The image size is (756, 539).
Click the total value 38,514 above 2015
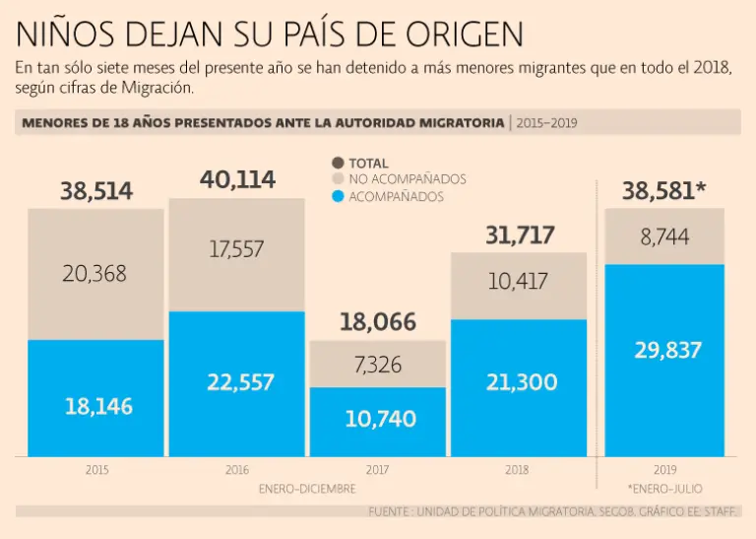tap(96, 191)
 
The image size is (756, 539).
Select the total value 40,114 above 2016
tap(237, 179)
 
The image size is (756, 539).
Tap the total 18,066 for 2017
tap(378, 321)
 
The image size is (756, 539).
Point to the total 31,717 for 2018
tap(520, 235)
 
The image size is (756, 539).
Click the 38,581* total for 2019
tap(663, 191)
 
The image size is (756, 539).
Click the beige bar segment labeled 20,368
tap(94, 274)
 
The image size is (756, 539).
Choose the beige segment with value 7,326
tap(378, 365)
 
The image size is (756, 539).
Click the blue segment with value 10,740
tap(379, 420)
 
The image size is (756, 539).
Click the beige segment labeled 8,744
tap(664, 236)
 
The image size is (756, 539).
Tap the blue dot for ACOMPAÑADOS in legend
tap(338, 196)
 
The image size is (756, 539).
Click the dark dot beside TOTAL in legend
tap(338, 163)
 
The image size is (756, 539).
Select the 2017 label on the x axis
tap(378, 471)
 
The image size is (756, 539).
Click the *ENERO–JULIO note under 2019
tap(664, 488)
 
